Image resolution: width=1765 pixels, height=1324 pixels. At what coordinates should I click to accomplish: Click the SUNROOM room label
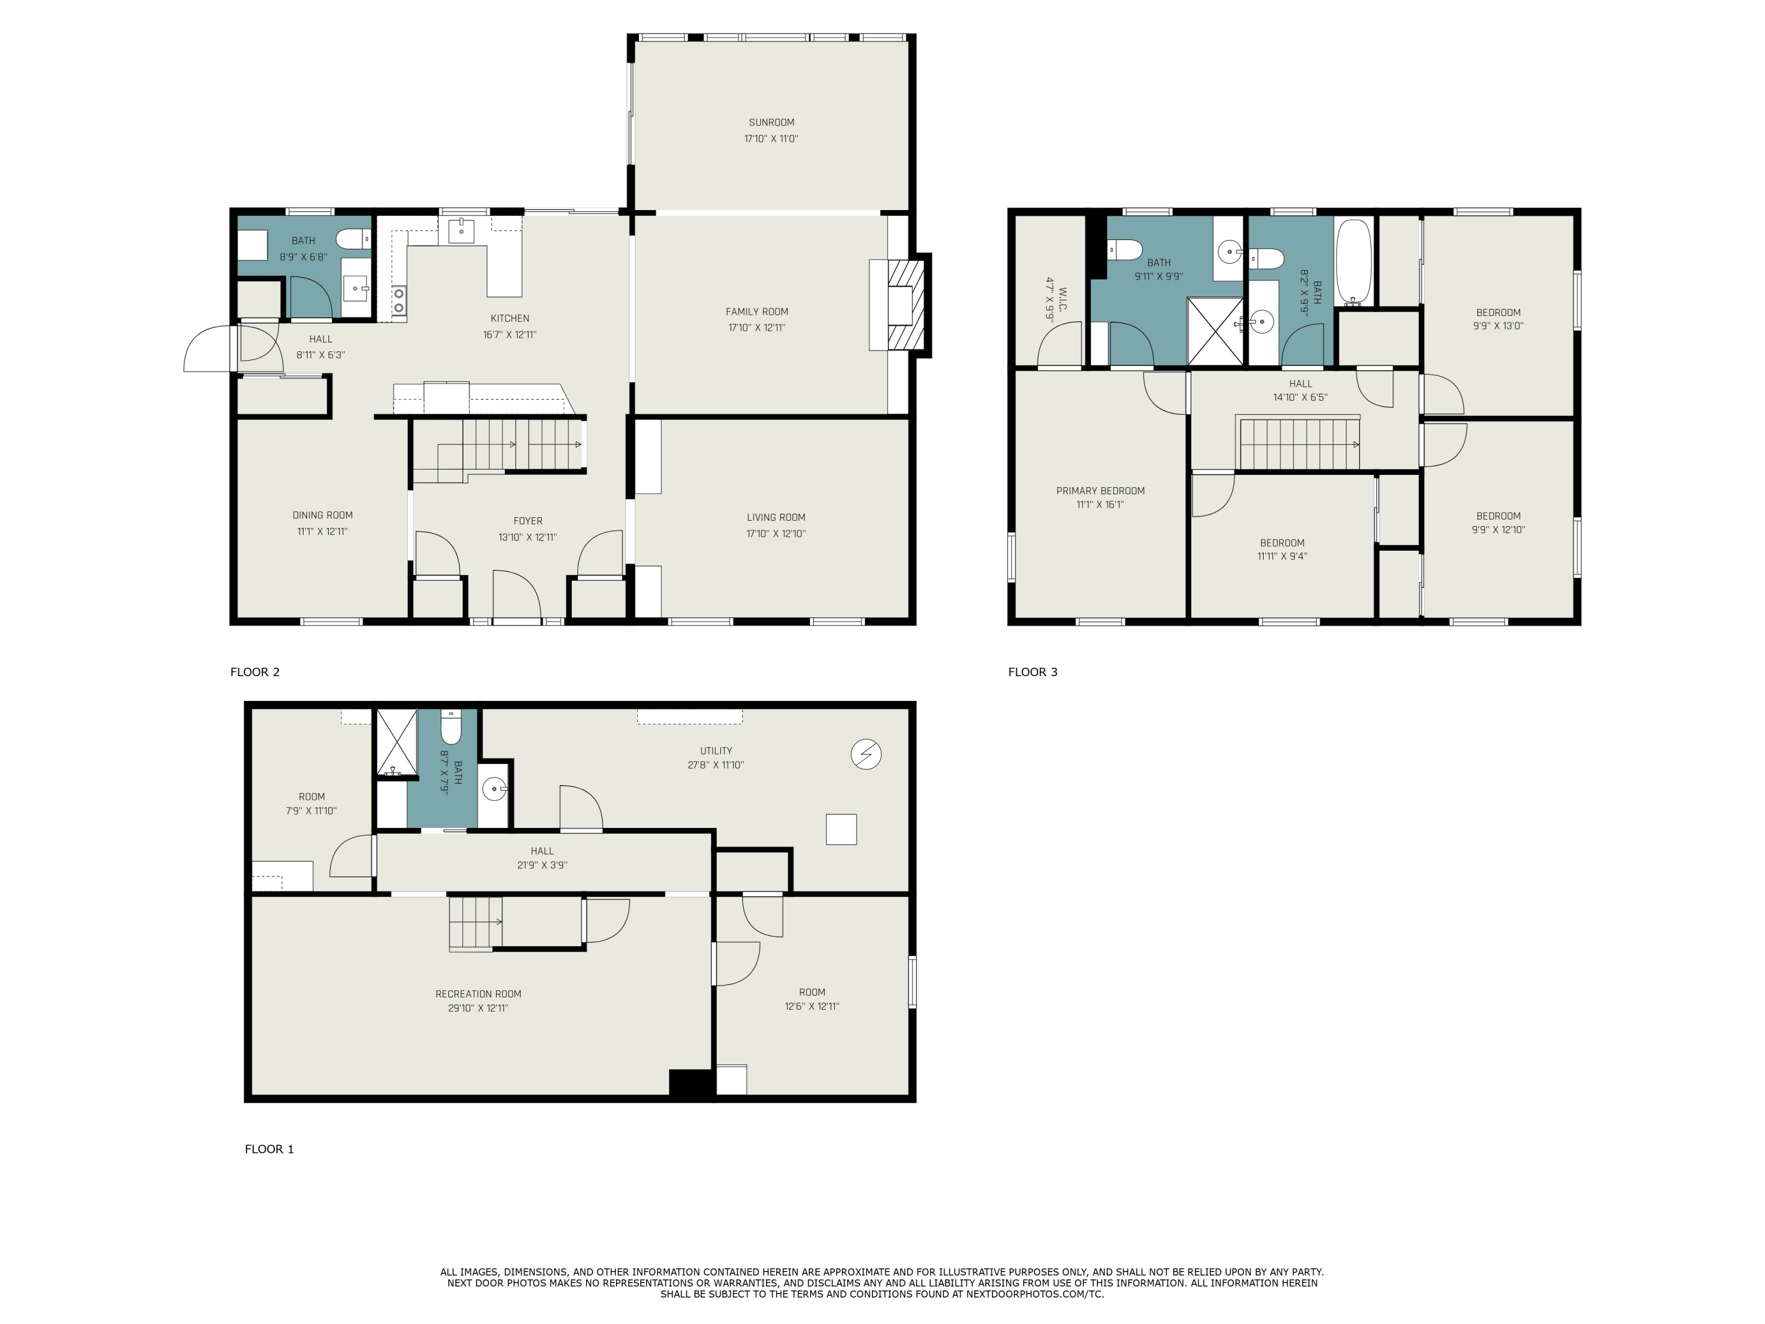[771, 122]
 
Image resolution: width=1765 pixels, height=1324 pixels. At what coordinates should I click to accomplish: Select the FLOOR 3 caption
[1033, 671]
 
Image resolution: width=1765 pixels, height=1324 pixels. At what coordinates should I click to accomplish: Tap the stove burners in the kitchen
[398, 300]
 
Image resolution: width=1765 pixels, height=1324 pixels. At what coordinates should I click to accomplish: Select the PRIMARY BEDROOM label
[1100, 491]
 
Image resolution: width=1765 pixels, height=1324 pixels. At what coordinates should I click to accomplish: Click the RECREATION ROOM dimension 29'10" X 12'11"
[478, 1008]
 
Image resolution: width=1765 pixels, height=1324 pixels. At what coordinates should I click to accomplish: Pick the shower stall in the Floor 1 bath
[397, 741]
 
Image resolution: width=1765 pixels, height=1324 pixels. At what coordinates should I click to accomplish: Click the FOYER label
[527, 520]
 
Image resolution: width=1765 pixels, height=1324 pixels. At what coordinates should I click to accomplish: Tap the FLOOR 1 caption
[269, 1149]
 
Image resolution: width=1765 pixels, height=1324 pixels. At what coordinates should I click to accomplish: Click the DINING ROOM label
[322, 515]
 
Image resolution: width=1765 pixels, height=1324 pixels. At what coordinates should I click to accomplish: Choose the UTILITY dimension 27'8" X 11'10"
[716, 764]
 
